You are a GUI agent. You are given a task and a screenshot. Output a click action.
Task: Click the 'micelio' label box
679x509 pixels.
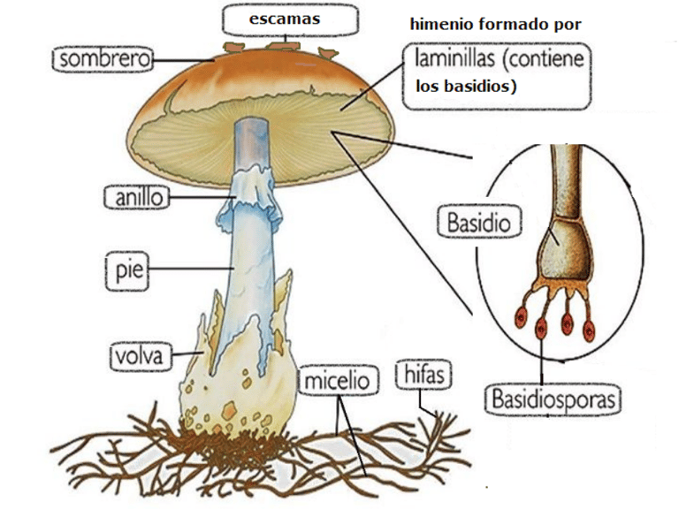pyautogui.click(x=337, y=382)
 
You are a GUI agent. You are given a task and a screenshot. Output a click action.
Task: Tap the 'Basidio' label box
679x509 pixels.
pyautogui.click(x=478, y=223)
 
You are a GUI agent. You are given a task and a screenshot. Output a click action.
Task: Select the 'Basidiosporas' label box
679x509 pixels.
pyautogui.click(x=553, y=398)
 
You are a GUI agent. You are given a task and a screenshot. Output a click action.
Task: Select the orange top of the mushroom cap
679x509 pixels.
pyautogui.click(x=265, y=75)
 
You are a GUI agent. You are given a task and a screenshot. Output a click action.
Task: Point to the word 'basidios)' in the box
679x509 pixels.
pyautogui.click(x=482, y=87)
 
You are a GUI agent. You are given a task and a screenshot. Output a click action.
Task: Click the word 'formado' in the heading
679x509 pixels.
pyautogui.click(x=513, y=26)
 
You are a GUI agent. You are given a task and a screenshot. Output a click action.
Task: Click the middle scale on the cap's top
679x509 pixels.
pyautogui.click(x=286, y=42)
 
